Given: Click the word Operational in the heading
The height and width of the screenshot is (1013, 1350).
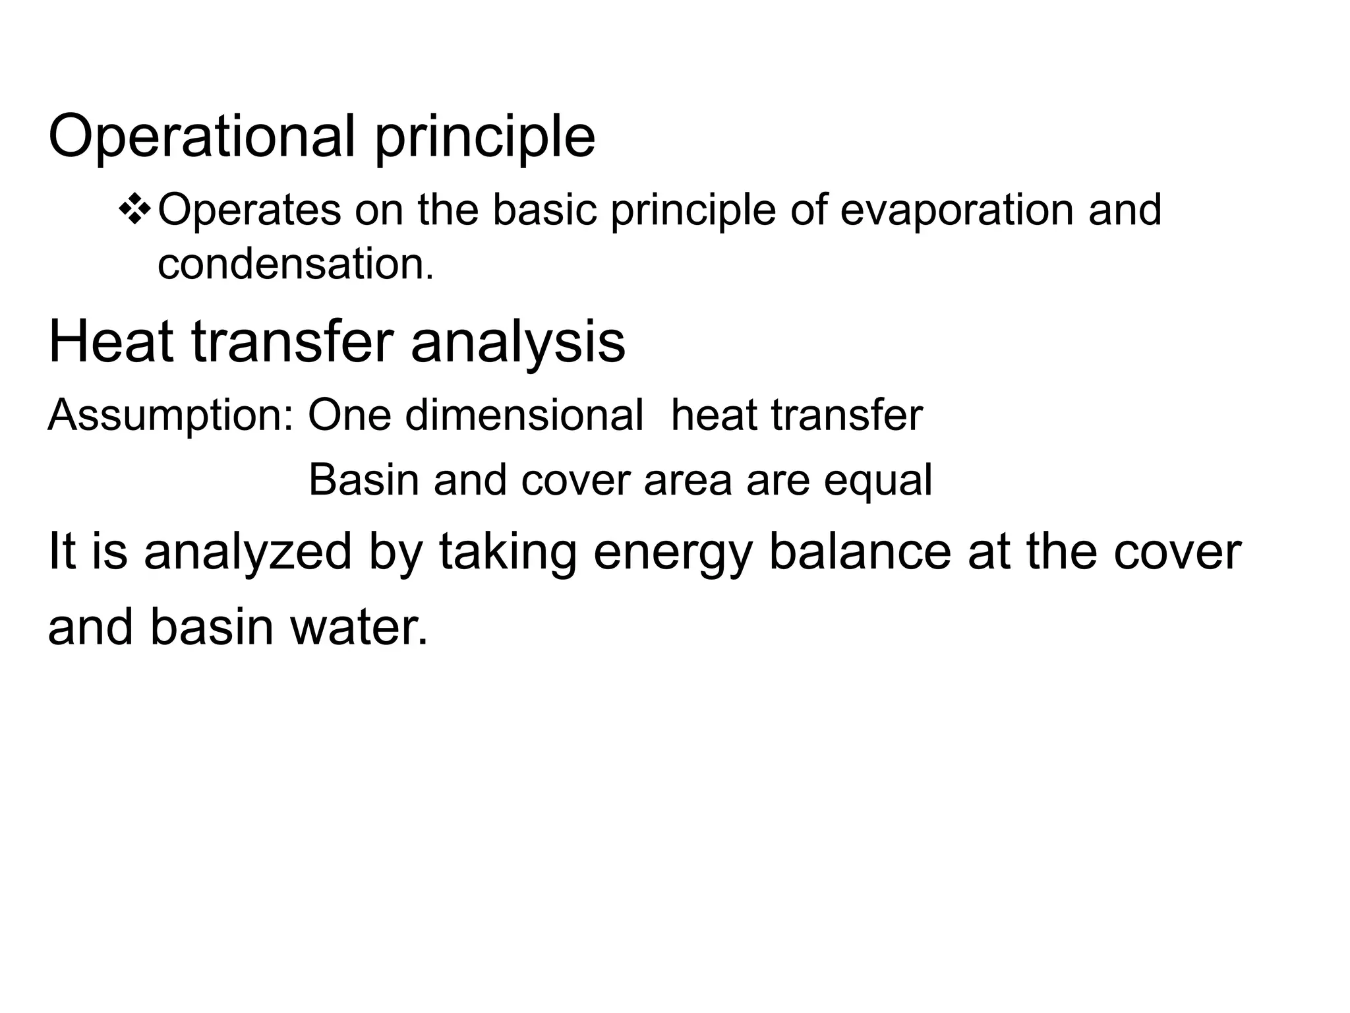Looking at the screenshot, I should click(201, 137).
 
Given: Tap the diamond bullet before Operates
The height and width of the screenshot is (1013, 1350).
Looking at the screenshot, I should click(134, 210).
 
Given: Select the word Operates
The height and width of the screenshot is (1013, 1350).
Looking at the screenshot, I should click(249, 210).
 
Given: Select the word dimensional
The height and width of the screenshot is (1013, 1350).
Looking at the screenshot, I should click(524, 415).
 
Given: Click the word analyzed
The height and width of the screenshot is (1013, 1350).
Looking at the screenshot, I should click(248, 553).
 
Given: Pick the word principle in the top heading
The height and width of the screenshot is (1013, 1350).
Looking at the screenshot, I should click(484, 138).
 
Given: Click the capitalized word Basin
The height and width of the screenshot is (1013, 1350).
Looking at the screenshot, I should click(364, 479).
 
